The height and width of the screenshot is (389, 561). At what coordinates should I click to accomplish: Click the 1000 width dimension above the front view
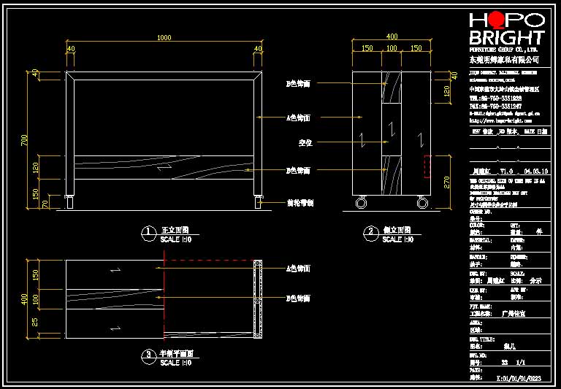click(164, 37)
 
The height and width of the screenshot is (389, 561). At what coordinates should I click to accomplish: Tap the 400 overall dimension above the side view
click(392, 36)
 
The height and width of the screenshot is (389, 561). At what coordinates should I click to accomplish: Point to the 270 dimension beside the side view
click(447, 182)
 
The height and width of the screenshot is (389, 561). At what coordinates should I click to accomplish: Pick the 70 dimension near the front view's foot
click(45, 204)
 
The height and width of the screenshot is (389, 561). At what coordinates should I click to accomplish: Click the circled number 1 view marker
click(148, 234)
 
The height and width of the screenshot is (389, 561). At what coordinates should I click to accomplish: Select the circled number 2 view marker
click(371, 234)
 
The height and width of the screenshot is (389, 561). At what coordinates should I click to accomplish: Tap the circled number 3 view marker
click(148, 357)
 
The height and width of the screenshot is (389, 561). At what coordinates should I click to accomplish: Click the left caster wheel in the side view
click(360, 203)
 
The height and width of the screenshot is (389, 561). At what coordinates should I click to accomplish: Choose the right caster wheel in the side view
click(422, 203)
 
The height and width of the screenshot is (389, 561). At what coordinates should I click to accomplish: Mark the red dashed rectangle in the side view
click(427, 166)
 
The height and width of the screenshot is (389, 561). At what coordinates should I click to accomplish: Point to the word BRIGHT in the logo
click(506, 38)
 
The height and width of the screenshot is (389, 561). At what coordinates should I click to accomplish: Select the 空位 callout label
click(305, 143)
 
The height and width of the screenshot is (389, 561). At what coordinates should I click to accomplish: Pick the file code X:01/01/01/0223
click(521, 378)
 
